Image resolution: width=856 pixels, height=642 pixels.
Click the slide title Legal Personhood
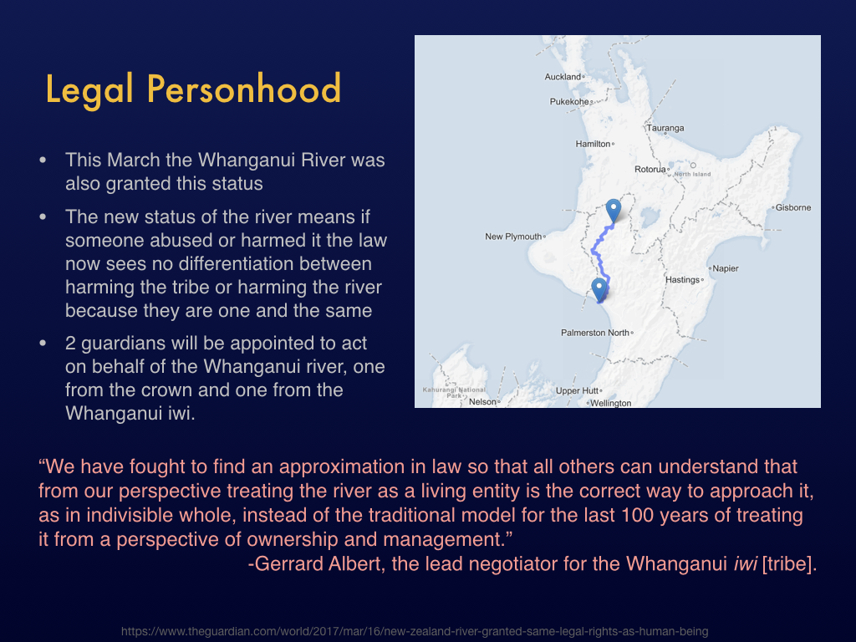point(193,89)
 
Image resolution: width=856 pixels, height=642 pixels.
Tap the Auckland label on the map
point(563,77)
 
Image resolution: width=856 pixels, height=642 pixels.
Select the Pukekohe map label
point(568,101)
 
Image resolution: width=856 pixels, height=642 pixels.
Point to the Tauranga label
point(665,128)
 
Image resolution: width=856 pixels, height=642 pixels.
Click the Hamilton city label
point(593,144)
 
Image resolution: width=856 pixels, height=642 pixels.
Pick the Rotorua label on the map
point(650,169)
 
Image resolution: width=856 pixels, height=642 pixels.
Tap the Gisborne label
point(793,207)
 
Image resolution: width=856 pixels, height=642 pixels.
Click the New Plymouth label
point(513,237)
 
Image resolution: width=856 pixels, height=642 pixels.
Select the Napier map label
point(725,268)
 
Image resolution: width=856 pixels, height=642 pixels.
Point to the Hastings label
point(682,279)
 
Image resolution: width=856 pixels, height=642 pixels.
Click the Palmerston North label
point(595,333)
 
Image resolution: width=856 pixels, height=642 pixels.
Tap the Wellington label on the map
point(611,403)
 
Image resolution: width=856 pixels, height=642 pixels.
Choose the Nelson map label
point(482,402)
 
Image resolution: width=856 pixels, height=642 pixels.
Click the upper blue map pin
point(614,209)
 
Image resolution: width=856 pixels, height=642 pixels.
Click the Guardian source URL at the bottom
point(415,632)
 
